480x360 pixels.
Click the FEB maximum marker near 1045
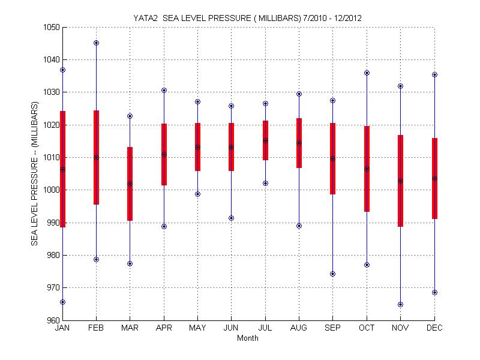click(96, 43)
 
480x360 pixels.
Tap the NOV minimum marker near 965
click(400, 304)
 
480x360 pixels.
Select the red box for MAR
click(130, 184)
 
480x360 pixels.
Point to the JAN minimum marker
click(62, 302)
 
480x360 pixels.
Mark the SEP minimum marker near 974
click(332, 274)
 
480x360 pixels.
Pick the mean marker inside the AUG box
click(299, 143)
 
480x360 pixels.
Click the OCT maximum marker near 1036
click(367, 73)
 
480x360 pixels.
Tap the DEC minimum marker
click(434, 292)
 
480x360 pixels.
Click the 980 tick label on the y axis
click(52, 255)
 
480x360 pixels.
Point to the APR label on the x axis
click(164, 328)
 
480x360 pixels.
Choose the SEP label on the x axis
click(332, 328)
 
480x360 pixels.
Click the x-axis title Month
click(248, 338)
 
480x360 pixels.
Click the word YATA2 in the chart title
click(145, 18)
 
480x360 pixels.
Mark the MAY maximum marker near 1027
click(197, 102)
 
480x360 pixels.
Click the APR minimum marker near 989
click(164, 226)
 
